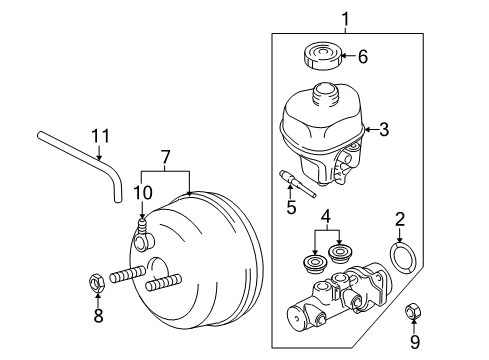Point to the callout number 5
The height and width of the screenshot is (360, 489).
pyautogui.click(x=292, y=208)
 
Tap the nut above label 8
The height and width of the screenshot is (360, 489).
pyautogui.click(x=98, y=281)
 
